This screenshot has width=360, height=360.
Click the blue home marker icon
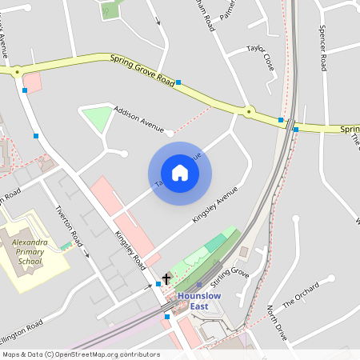pos(180,173)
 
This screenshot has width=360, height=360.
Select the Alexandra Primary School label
pos(26,250)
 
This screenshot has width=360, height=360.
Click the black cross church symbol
pos(166,279)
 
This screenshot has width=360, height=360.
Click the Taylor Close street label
pos(261,59)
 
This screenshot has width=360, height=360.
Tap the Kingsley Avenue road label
pos(215,206)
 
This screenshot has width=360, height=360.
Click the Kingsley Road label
pos(129,249)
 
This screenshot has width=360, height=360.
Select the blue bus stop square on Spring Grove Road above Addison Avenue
pos(178,82)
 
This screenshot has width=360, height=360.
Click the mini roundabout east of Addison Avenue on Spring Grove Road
pos(249,112)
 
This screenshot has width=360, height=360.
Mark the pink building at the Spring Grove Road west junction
pos(32,81)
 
